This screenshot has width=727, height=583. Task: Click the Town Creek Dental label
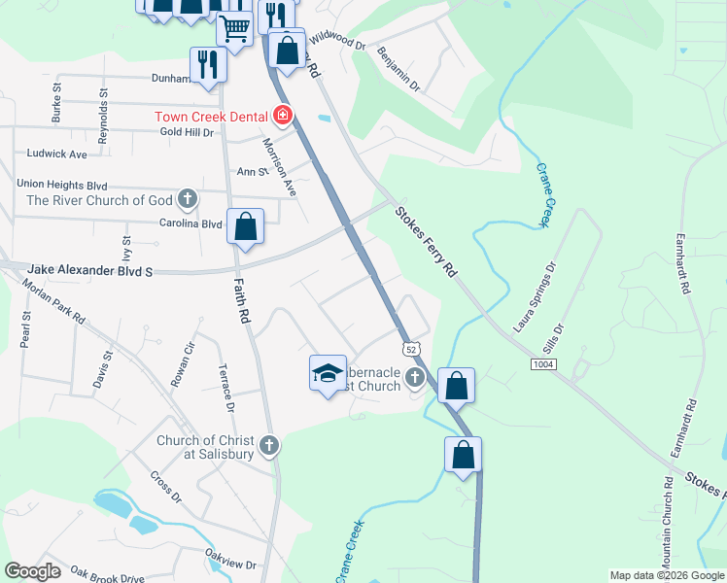[x=213, y=117]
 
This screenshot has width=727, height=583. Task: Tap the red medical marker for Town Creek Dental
[x=283, y=117]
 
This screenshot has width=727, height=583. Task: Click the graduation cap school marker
[x=328, y=371]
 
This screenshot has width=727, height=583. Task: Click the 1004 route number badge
[x=544, y=363]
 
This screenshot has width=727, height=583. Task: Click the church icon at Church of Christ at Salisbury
[x=269, y=446]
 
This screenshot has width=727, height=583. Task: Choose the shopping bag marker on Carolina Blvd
[x=246, y=227]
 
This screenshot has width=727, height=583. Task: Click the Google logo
[x=33, y=570]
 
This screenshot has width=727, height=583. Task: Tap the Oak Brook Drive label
[x=106, y=577]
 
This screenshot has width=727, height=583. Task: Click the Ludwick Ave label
[x=57, y=154]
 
